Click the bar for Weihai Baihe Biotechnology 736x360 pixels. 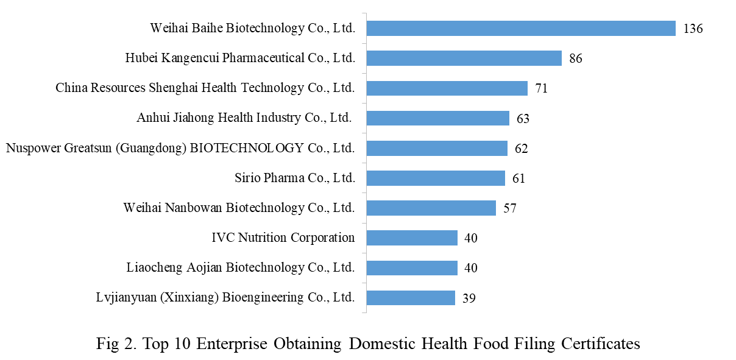click(520, 29)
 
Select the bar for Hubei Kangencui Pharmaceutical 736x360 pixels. click(464, 58)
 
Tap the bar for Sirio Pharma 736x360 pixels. click(435, 178)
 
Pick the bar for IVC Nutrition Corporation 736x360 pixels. click(411, 238)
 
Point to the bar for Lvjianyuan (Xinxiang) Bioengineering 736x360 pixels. click(410, 298)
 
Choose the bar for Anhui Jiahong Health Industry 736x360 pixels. click(437, 118)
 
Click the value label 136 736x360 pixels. click(693, 29)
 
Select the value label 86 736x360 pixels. click(576, 59)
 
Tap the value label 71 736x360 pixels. click(541, 89)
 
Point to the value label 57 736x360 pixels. click(509, 208)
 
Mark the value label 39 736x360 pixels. click(469, 298)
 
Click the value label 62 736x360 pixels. click(521, 149)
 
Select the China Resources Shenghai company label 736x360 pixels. click(205, 88)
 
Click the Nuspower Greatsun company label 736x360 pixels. click(180, 147)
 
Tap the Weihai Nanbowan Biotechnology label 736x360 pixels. click(239, 207)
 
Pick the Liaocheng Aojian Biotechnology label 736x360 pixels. click(241, 267)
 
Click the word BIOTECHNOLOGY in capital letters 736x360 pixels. click(245, 147)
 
